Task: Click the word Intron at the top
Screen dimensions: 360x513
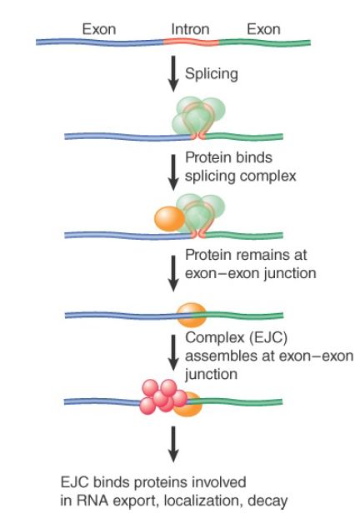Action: (x=190, y=29)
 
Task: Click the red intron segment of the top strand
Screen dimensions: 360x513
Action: (x=191, y=42)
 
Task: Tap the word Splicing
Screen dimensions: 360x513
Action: (x=212, y=73)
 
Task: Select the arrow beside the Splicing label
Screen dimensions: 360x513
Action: (x=173, y=73)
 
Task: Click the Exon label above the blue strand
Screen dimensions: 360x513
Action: (x=99, y=29)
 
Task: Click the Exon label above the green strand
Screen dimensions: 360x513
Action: (x=263, y=29)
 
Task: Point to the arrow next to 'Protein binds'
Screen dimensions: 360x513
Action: (x=173, y=172)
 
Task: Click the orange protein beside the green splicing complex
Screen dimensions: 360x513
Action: (x=169, y=219)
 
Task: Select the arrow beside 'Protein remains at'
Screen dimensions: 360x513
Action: (x=173, y=273)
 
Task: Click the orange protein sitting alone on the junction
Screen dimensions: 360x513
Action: (x=192, y=315)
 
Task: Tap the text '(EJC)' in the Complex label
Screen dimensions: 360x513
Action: (x=268, y=337)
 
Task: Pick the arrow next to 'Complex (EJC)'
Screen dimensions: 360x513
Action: (x=173, y=353)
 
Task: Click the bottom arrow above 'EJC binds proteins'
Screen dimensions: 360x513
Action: (x=173, y=444)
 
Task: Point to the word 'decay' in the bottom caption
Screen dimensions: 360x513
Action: (x=267, y=501)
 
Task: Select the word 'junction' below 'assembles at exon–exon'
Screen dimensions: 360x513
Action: (x=211, y=374)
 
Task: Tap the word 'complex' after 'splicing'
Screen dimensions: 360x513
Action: (x=268, y=177)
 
